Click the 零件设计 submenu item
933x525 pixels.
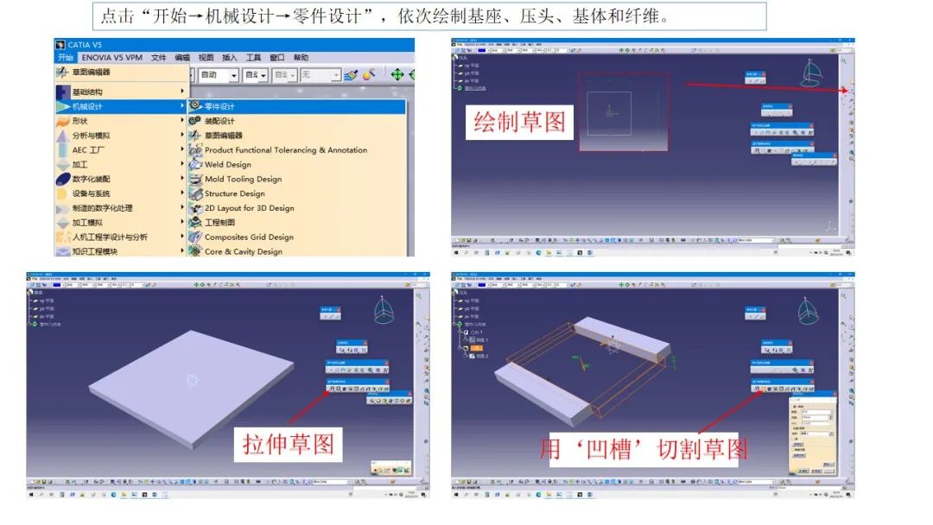click(x=219, y=106)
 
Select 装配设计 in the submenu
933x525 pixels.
click(x=219, y=121)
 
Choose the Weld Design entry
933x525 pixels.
click(x=227, y=164)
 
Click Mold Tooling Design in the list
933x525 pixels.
click(x=243, y=179)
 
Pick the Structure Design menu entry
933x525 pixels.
click(x=234, y=193)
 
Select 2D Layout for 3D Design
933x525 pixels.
click(x=249, y=208)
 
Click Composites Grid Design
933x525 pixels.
click(x=249, y=237)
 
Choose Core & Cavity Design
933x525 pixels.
click(x=243, y=251)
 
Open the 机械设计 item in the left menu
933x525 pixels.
click(x=87, y=106)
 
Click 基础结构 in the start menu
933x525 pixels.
click(x=87, y=92)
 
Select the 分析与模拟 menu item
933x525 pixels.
click(x=91, y=136)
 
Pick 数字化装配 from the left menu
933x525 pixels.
click(x=91, y=179)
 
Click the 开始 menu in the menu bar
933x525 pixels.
click(x=66, y=58)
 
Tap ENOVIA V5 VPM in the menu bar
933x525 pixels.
click(x=112, y=58)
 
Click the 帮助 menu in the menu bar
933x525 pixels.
click(x=301, y=58)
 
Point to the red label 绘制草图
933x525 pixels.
click(x=519, y=122)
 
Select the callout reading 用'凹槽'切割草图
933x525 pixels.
click(x=644, y=448)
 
